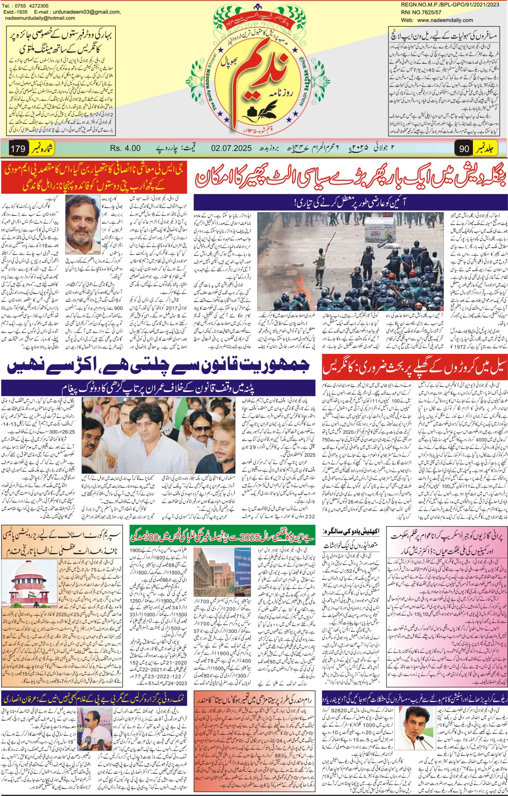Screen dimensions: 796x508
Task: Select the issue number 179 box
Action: pyautogui.click(x=18, y=149)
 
